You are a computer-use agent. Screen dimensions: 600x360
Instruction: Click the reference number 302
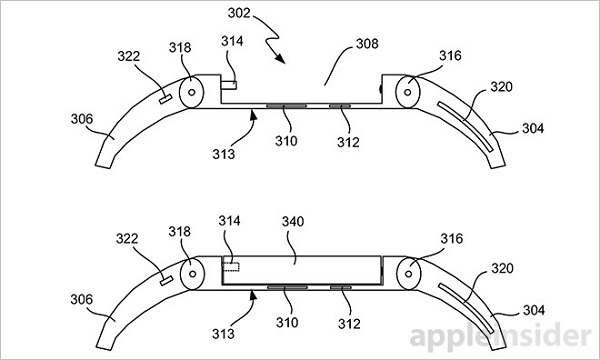pos(239,13)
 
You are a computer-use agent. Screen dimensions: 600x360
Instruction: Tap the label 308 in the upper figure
pos(367,44)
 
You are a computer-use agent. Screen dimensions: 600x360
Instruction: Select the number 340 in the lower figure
pos(293,222)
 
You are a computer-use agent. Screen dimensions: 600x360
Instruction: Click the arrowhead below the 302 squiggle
pos(280,58)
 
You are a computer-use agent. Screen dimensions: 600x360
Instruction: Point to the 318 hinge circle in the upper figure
pos(191,92)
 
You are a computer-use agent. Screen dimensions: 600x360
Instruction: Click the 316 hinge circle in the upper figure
pos(408,92)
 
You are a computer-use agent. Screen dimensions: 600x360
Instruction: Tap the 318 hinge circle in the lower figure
pos(192,274)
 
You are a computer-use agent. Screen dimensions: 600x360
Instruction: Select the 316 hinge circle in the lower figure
pos(409,274)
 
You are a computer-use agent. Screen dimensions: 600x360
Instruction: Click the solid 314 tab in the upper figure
pos(228,85)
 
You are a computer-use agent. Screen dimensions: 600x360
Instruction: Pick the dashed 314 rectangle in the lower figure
pos(231,267)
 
